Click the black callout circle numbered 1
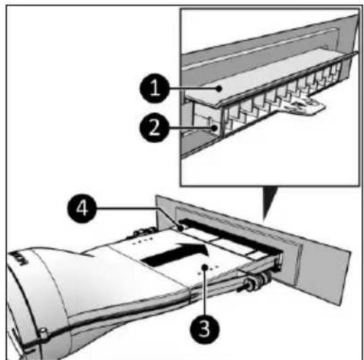155,88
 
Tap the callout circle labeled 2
154,127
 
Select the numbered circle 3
204,329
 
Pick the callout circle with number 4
82,208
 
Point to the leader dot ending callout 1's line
218,88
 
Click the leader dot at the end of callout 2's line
216,127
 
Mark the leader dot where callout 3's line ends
205,267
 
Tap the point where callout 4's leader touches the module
180,228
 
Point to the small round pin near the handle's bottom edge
43,333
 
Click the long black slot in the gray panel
230,235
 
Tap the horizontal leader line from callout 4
126,208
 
